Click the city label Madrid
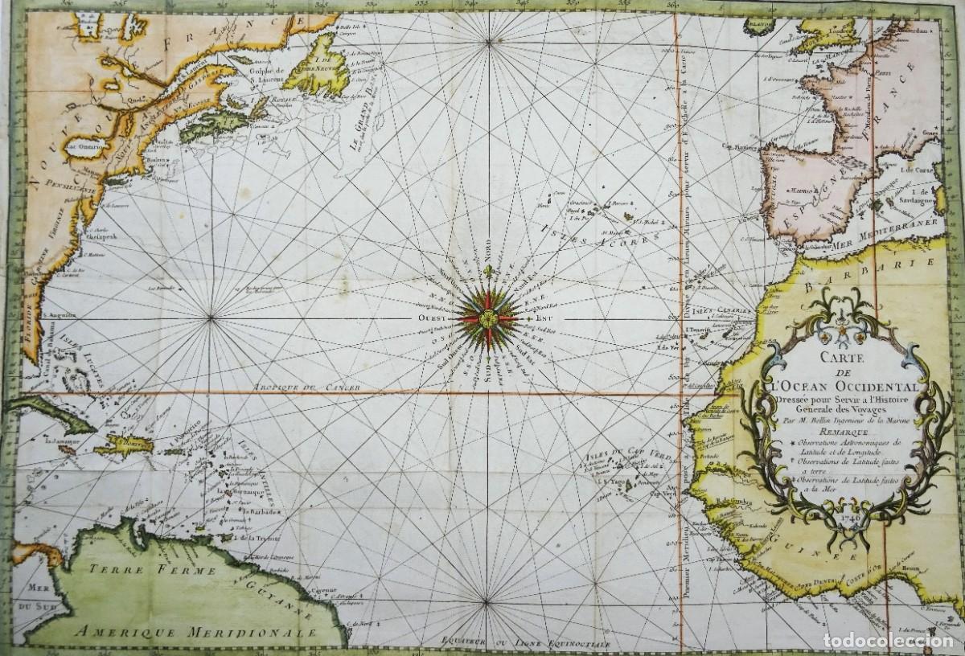click(799, 191)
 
